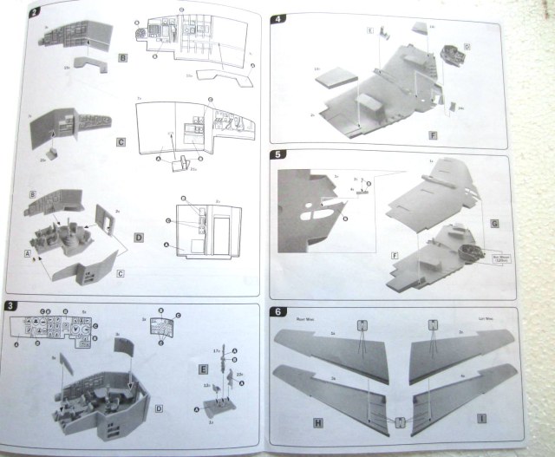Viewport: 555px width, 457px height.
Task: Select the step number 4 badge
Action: click(277, 17)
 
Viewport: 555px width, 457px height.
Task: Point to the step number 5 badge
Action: click(276, 157)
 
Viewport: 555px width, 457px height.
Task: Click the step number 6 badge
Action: click(276, 312)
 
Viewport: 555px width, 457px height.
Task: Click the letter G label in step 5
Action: click(495, 224)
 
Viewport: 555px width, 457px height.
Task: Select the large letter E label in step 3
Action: click(200, 367)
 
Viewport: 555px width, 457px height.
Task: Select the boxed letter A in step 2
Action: click(27, 255)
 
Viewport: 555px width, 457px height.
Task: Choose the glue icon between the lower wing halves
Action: click(399, 422)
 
